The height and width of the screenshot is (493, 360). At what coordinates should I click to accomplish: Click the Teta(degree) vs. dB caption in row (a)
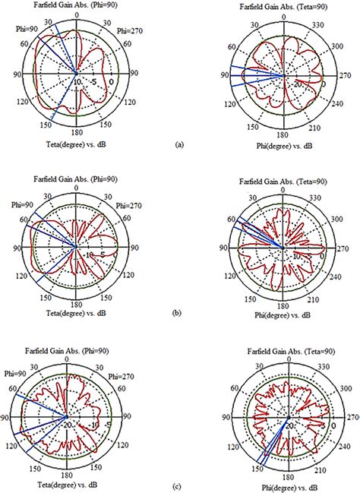coord(73,141)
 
